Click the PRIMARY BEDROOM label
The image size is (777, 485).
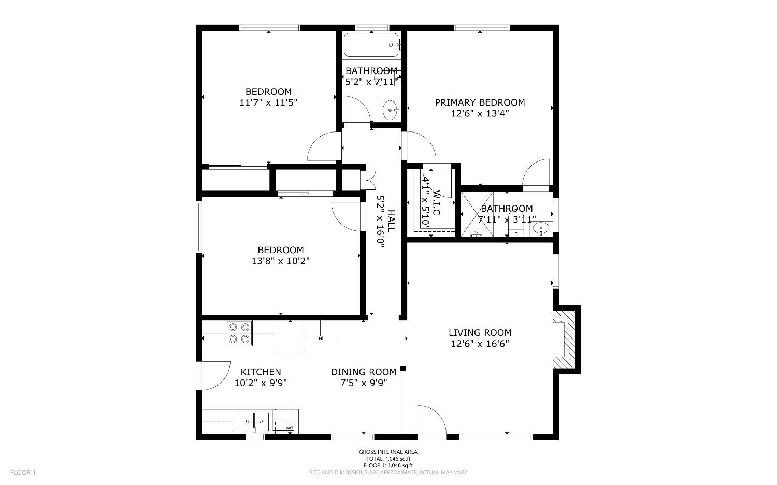click(480, 102)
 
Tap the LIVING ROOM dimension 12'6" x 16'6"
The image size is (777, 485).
click(480, 344)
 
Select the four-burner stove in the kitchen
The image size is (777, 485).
click(239, 333)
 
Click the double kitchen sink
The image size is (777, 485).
click(254, 421)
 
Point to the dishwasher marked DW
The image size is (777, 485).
click(285, 421)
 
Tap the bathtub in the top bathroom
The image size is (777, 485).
click(371, 45)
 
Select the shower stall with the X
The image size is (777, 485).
click(477, 214)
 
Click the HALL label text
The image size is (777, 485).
click(391, 221)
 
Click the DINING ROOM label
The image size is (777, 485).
click(364, 372)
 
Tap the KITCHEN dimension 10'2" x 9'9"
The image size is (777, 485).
click(261, 383)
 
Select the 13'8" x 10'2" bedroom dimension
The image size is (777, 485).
click(281, 261)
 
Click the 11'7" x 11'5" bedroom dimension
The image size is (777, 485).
click(268, 102)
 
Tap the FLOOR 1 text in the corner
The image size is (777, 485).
click(23, 472)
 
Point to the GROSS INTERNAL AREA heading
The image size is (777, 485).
click(388, 452)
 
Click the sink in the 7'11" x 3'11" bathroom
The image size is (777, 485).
click(541, 228)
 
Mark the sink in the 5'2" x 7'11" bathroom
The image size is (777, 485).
click(391, 110)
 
